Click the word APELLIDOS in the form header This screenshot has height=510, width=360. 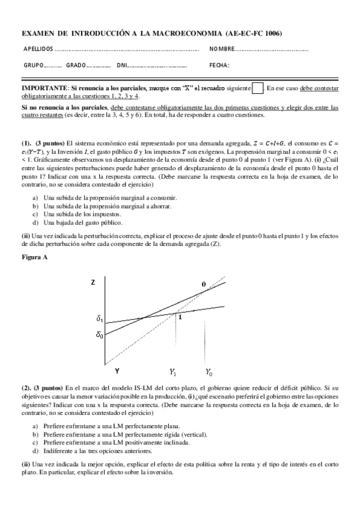38,48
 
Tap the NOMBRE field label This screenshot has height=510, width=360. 222,48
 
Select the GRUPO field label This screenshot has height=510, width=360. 33,65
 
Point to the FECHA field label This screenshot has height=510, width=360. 219,65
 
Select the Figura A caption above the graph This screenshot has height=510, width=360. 35,257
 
